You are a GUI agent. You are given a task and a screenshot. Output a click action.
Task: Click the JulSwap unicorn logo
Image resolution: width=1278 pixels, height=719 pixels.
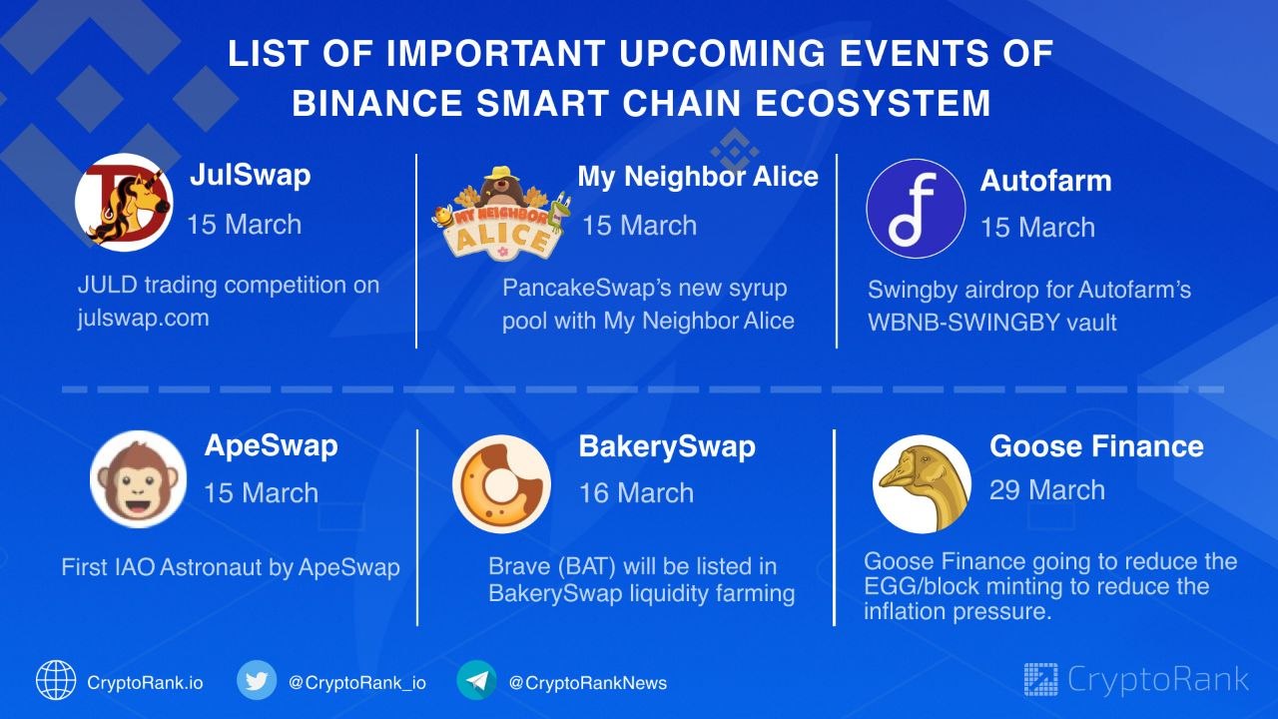(124, 202)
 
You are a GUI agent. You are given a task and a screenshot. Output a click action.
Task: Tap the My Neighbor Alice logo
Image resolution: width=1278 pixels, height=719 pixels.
(500, 214)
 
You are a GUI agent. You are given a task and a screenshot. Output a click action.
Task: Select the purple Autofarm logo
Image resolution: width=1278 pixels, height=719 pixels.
(916, 209)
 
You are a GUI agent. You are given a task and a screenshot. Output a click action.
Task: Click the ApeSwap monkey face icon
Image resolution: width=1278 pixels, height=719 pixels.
(138, 479)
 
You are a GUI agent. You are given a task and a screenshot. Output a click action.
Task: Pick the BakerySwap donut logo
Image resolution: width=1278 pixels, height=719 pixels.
(501, 484)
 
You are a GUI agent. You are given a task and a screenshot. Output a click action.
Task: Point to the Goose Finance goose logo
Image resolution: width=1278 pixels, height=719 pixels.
(922, 484)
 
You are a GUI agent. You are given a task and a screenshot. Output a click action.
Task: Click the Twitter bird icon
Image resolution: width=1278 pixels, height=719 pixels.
(257, 680)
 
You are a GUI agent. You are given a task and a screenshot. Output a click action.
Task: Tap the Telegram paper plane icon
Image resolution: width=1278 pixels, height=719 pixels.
(476, 680)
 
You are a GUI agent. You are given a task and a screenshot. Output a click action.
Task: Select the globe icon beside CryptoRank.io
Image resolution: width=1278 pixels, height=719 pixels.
(56, 680)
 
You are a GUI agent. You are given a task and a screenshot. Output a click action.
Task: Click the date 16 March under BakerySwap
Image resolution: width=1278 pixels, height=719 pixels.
(637, 493)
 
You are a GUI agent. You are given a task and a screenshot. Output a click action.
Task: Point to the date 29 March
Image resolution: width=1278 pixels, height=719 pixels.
(1047, 490)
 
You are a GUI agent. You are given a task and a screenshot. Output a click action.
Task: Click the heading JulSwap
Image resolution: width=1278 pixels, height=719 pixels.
(251, 175)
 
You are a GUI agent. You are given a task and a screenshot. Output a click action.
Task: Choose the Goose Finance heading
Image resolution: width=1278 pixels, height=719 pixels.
(1096, 446)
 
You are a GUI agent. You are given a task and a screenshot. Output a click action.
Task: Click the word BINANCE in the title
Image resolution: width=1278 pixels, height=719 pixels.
(377, 103)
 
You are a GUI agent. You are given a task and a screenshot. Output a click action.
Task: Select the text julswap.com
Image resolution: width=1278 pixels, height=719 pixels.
(144, 318)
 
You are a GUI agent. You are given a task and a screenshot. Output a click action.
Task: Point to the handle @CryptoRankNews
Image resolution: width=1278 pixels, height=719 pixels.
(588, 683)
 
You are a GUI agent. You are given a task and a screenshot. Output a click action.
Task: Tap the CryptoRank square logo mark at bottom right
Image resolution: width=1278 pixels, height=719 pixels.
(1040, 680)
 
